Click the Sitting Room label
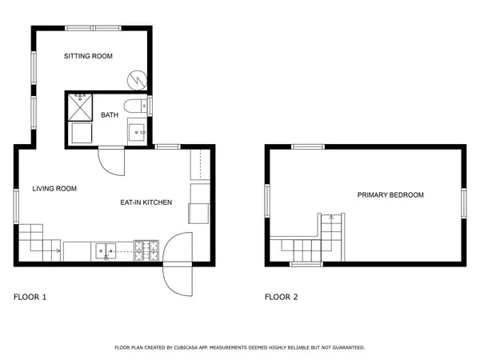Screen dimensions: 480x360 pyautogui.click(x=88, y=56)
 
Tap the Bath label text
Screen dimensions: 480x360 pyautogui.click(x=110, y=115)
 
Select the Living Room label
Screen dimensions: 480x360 pyautogui.click(x=54, y=189)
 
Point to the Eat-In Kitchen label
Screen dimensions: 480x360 pyautogui.click(x=146, y=202)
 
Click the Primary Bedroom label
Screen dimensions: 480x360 pyautogui.click(x=390, y=195)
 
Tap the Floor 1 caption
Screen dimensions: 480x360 pyautogui.click(x=30, y=297)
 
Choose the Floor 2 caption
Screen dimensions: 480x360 pyautogui.click(x=281, y=297)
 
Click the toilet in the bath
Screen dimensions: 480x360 pyautogui.click(x=135, y=106)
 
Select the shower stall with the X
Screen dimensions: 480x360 pyautogui.click(x=80, y=107)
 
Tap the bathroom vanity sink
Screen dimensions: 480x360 pyautogui.click(x=137, y=132)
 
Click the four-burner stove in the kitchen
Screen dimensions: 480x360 pyautogui.click(x=146, y=250)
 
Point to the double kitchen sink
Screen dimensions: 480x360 pyautogui.click(x=106, y=251)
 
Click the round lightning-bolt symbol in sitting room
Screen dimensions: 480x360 pyautogui.click(x=137, y=80)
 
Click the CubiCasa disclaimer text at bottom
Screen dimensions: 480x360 pyautogui.click(x=240, y=347)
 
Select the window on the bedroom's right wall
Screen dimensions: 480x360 pyautogui.click(x=464, y=203)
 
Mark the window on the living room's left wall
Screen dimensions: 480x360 pyautogui.click(x=16, y=206)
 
